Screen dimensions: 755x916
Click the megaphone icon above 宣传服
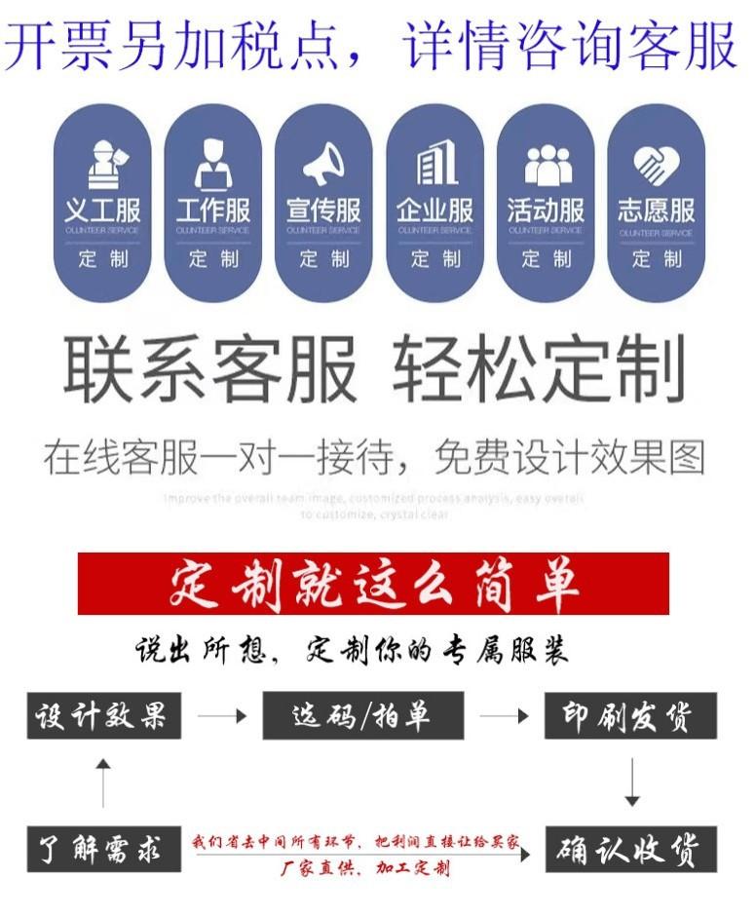tap(323, 165)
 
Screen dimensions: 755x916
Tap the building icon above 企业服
tap(434, 164)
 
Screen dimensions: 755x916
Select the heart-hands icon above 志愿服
tap(656, 165)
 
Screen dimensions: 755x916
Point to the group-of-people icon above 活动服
tap(546, 165)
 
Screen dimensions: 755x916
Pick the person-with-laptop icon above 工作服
tap(213, 165)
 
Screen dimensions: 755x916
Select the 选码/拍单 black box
tap(362, 716)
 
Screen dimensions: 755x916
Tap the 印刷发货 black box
tap(630, 716)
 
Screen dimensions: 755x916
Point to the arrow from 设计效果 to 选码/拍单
tap(222, 716)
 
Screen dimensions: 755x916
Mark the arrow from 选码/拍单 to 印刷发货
tap(504, 716)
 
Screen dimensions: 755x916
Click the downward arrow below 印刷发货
tap(631, 782)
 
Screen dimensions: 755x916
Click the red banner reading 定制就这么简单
tap(373, 584)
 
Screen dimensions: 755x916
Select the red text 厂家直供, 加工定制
tap(365, 868)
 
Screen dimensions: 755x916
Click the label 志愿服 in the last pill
tap(656, 210)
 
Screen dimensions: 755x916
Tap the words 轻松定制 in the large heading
tap(539, 370)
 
